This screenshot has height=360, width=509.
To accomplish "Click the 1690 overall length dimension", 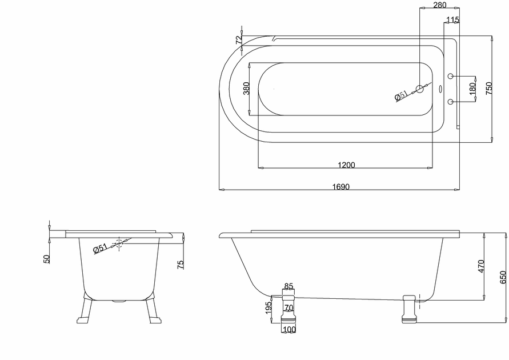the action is click(341, 187).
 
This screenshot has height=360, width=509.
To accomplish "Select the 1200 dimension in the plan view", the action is click(346, 165).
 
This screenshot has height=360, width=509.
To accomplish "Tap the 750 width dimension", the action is click(489, 88).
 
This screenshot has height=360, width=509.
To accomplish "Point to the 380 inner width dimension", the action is click(246, 89).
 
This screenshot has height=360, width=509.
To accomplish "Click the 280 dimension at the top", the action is click(440, 5).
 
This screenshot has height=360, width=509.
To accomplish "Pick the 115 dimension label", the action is click(452, 20).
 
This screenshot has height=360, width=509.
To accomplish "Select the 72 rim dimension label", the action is click(239, 39).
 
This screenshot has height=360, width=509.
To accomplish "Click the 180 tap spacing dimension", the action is click(472, 89).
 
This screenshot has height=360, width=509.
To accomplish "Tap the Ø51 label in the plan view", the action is click(401, 96).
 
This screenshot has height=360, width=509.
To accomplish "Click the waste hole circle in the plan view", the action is click(420, 89).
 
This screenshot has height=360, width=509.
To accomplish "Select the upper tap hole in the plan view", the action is click(451, 76).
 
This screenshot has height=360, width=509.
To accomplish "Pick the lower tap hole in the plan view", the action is click(451, 102).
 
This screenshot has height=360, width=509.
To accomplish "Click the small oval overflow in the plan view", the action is click(440, 89).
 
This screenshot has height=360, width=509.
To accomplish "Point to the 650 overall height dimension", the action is click(503, 277).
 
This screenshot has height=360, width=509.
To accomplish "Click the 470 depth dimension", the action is click(481, 266).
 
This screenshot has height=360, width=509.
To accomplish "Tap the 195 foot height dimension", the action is click(268, 308).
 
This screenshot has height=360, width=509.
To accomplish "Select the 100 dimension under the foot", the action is click(289, 330).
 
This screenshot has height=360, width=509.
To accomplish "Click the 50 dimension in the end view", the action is click(47, 259).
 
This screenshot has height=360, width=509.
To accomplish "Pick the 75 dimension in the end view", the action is click(181, 265).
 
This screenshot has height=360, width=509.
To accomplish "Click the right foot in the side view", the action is click(409, 309).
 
